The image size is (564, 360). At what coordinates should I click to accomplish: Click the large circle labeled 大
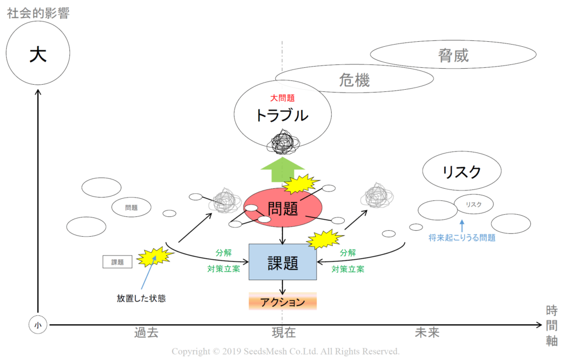[x=38, y=53]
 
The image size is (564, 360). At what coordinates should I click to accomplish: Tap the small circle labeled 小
[x=38, y=325]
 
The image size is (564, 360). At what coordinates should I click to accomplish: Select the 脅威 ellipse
[x=453, y=54]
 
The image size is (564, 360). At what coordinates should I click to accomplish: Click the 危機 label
[x=354, y=80]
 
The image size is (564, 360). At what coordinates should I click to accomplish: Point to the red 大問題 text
[x=283, y=98]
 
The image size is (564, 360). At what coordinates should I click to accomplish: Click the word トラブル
[x=282, y=116]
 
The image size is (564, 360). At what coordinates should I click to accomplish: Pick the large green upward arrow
[x=283, y=170]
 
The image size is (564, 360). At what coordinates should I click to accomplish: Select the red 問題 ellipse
[x=283, y=208]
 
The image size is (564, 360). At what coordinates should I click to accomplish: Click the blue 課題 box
[x=283, y=262]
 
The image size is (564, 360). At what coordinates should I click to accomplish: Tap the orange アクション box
[x=283, y=302]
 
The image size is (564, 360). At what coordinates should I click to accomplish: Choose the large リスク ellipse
[x=462, y=171]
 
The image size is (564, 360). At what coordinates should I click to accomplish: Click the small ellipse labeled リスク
[x=473, y=204]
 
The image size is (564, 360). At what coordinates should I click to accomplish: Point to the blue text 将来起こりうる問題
[x=462, y=238]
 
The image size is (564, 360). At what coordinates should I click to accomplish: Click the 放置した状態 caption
[x=141, y=298]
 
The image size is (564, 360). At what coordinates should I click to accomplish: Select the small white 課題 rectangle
[x=117, y=262]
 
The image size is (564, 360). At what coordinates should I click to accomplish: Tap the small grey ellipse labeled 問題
[x=131, y=208]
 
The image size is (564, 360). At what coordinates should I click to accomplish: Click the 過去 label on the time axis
[x=146, y=332]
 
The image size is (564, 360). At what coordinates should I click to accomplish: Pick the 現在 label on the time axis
[x=284, y=332]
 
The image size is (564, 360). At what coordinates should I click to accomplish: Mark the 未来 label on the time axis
[x=427, y=332]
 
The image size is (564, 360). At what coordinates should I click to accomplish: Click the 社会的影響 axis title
[x=38, y=13]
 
